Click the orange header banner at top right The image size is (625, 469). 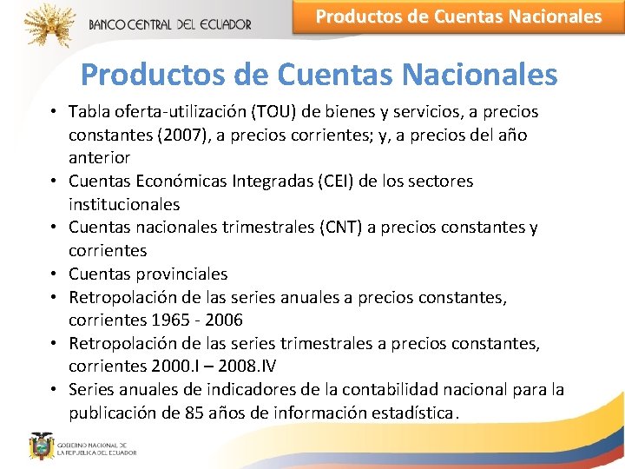[458, 17]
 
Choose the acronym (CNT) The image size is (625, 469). [343, 228]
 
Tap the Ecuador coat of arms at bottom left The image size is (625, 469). [41, 446]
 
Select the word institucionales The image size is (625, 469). [124, 205]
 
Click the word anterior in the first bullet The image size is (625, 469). [100, 158]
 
